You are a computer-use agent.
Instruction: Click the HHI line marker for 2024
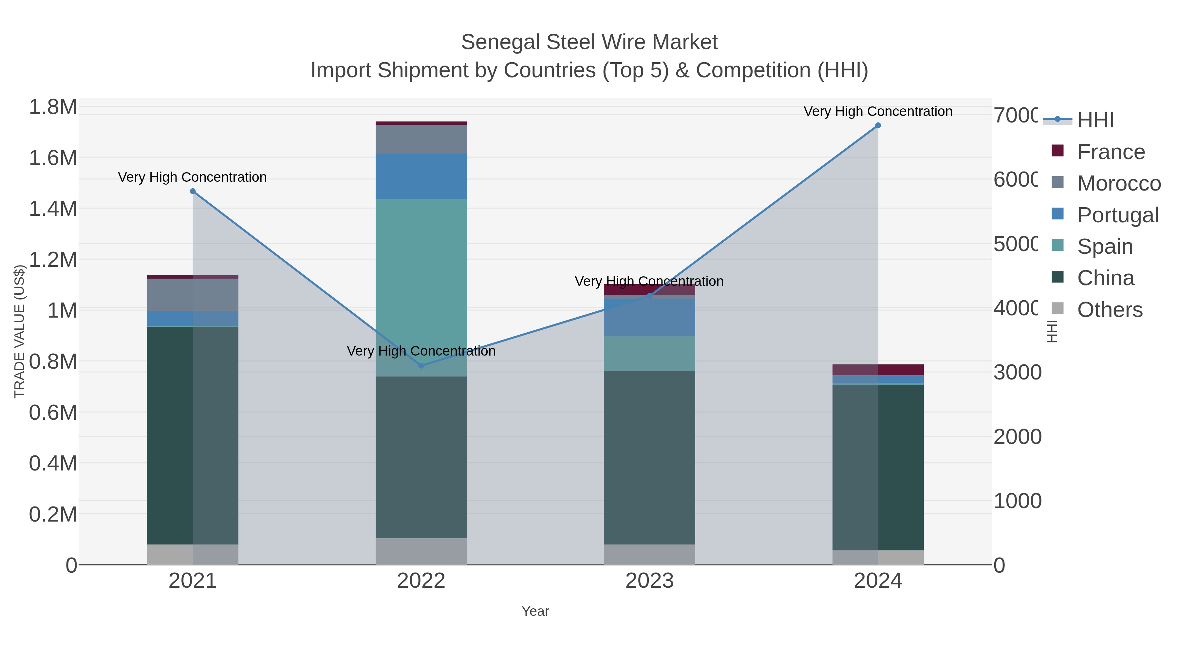877,125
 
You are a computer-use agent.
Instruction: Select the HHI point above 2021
193,191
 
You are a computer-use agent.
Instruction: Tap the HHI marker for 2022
421,366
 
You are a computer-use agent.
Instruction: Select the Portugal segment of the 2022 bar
421,176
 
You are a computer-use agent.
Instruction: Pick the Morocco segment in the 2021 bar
193,295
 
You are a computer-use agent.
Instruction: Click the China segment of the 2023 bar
649,458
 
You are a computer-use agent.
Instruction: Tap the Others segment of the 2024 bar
877,557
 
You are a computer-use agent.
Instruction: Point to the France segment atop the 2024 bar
877,370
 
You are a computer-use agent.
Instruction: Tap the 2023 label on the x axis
649,581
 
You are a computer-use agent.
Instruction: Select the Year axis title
535,611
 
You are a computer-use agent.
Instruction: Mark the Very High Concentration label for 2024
877,111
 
